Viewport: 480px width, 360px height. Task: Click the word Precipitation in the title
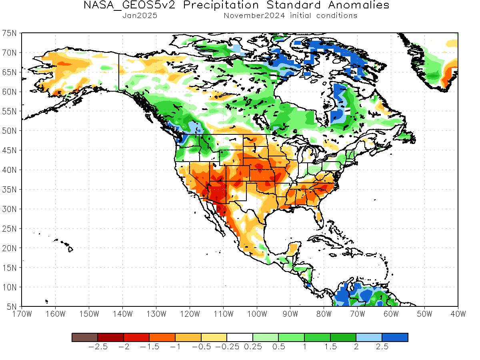tap(221, 5)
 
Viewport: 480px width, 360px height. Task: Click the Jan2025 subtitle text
tap(140, 16)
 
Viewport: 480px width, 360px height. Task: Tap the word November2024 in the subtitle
tap(254, 16)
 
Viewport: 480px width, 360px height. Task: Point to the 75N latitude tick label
tap(9, 33)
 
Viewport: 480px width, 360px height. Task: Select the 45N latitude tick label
tap(9, 150)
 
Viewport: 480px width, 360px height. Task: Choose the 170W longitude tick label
tap(22, 314)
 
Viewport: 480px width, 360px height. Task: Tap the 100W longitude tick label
tap(257, 314)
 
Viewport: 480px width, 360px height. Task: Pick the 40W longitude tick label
tap(458, 314)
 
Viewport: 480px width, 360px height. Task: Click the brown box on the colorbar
tap(85, 337)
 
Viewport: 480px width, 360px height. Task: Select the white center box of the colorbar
tap(240, 337)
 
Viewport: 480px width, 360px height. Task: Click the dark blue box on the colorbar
tap(395, 337)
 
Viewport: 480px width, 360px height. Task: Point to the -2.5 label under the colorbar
tap(98, 347)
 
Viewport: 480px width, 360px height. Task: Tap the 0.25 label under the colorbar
tap(253, 347)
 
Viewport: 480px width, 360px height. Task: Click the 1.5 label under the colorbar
tap(330, 347)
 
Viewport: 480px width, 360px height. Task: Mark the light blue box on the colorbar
tap(369, 337)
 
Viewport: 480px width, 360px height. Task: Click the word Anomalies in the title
tap(359, 5)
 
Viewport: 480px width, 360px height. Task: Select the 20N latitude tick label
tap(9, 248)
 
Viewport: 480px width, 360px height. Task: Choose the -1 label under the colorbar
tap(175, 347)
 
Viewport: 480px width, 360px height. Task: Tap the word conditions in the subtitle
tap(337, 16)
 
